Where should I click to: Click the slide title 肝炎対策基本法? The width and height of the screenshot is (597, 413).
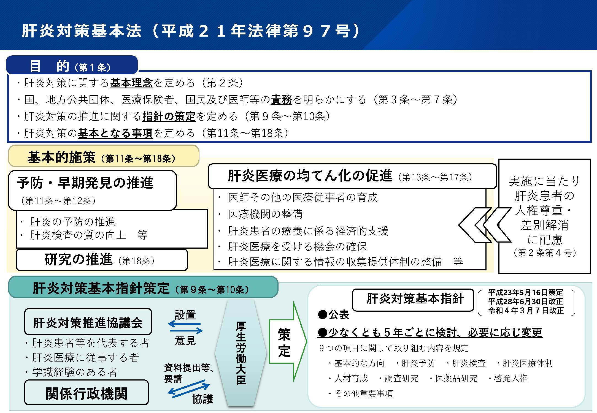point(82,31)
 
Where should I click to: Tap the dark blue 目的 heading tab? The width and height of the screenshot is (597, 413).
point(72,65)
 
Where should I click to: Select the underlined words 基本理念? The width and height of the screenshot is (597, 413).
point(131,83)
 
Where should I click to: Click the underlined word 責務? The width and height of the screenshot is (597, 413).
point(281,100)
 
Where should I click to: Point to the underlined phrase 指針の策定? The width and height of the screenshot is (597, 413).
point(169,116)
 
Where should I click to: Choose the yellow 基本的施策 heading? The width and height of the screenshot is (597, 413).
point(104,156)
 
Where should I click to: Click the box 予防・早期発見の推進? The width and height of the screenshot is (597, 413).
point(92,190)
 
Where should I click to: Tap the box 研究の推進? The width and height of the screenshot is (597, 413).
point(102,260)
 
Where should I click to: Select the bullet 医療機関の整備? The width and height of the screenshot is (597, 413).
point(265,214)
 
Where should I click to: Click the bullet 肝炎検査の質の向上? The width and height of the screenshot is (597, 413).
point(78,235)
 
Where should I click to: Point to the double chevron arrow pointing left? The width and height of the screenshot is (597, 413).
point(485,225)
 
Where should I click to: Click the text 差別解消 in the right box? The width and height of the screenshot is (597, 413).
point(545,225)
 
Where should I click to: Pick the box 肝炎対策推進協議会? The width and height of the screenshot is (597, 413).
point(88,322)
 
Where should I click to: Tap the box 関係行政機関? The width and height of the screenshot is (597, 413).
point(87,393)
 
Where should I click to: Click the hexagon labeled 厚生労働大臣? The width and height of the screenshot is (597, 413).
point(241,353)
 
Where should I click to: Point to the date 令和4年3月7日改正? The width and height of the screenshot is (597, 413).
point(526,310)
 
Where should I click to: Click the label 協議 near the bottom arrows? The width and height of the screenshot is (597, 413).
point(203,399)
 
